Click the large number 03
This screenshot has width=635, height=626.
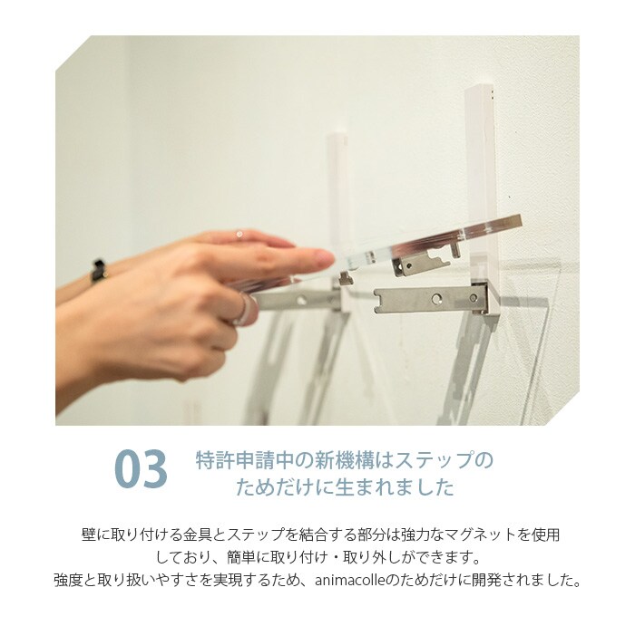click(x=141, y=469)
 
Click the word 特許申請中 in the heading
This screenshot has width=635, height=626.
click(x=242, y=460)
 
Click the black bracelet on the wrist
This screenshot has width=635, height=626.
click(x=98, y=271)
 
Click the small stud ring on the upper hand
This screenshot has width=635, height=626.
click(x=239, y=234)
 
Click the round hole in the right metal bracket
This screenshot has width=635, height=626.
click(x=436, y=299)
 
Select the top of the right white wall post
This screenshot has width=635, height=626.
click(x=480, y=89)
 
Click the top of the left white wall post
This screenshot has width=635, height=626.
click(x=337, y=135)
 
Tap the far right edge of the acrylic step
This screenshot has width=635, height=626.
click(x=520, y=222)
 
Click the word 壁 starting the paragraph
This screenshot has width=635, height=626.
click(x=89, y=535)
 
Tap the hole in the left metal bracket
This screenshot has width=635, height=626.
click(x=301, y=300)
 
